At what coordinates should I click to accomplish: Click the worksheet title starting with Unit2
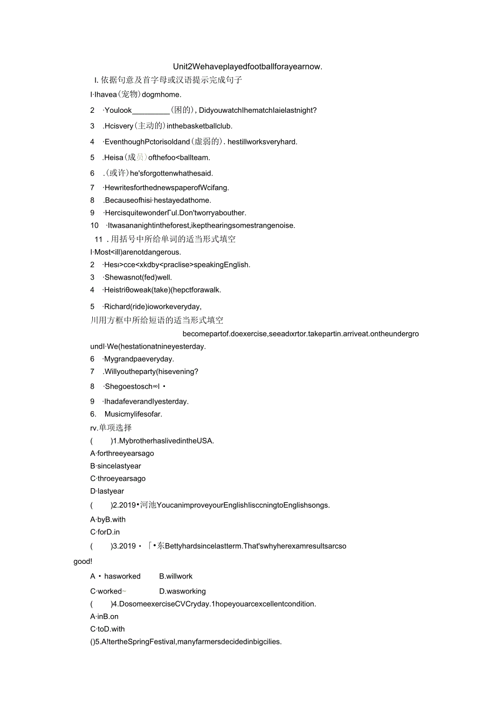[x=247, y=66]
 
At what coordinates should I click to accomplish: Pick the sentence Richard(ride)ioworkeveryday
[x=152, y=306]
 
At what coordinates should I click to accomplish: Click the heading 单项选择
[x=115, y=428]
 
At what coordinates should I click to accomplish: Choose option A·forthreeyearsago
[x=122, y=453]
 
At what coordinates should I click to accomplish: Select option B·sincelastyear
[x=116, y=466]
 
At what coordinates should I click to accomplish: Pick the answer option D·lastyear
[x=107, y=491]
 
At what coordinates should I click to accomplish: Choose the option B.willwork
[x=176, y=576]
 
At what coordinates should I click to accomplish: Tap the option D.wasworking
[x=182, y=591]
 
